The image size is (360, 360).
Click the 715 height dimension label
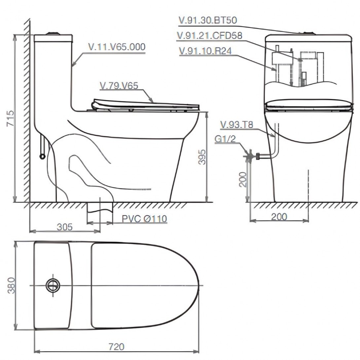pos(10,119)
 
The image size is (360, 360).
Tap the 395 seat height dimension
pos(202,157)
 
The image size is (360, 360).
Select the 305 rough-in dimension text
pos(65,227)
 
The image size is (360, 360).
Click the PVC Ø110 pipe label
pos(144,219)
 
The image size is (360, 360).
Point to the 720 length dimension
pos(116,346)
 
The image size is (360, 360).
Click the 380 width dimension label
pos(11,285)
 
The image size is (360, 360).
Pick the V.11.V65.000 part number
pos(117,47)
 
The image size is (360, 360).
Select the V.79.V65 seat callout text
pos(119,86)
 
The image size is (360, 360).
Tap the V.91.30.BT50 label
pos(208,20)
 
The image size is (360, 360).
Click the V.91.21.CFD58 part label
pos(209,36)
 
